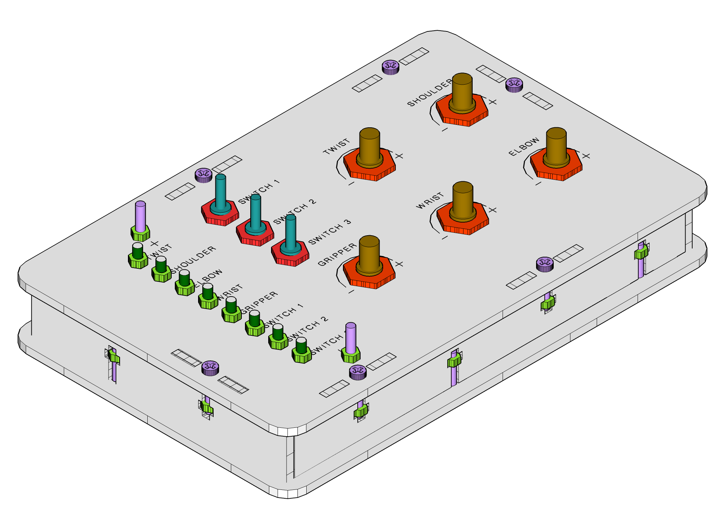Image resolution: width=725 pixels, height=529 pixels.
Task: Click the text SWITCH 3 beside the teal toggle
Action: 330,232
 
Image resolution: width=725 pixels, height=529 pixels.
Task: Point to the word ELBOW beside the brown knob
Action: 524,146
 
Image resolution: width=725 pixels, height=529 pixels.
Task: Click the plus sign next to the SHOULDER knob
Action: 493,102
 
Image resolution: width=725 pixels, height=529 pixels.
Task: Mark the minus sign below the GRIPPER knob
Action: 351,292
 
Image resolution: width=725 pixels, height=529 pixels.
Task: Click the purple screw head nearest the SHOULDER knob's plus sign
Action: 514,85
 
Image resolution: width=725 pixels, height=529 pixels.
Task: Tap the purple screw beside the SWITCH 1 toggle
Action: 204,175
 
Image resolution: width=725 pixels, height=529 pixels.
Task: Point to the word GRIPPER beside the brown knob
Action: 337,255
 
